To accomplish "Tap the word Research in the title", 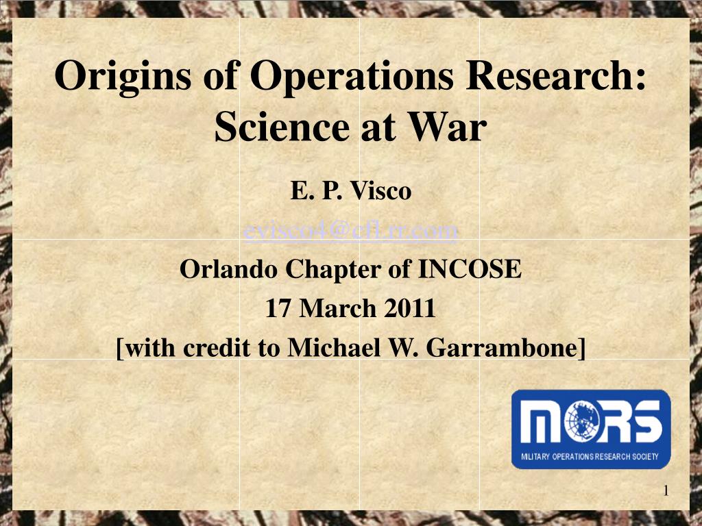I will (556, 76).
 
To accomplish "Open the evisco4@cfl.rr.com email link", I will (351, 231).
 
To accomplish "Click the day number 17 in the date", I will (278, 309).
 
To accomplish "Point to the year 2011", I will (410, 309).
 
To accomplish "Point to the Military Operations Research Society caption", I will (590, 456).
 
